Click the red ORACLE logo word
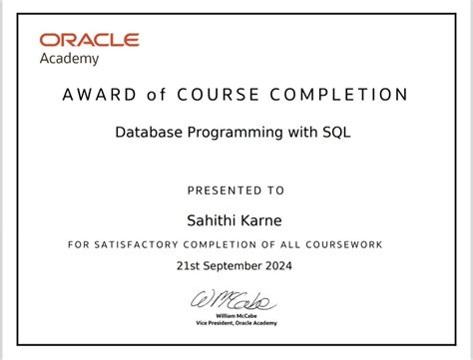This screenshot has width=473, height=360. tap(89, 41)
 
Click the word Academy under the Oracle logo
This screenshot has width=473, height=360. tap(69, 59)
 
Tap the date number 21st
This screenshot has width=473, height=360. tap(190, 266)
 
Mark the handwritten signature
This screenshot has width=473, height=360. tap(236, 300)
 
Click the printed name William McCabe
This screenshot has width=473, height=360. tap(236, 316)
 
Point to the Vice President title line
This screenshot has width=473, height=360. tap(236, 323)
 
